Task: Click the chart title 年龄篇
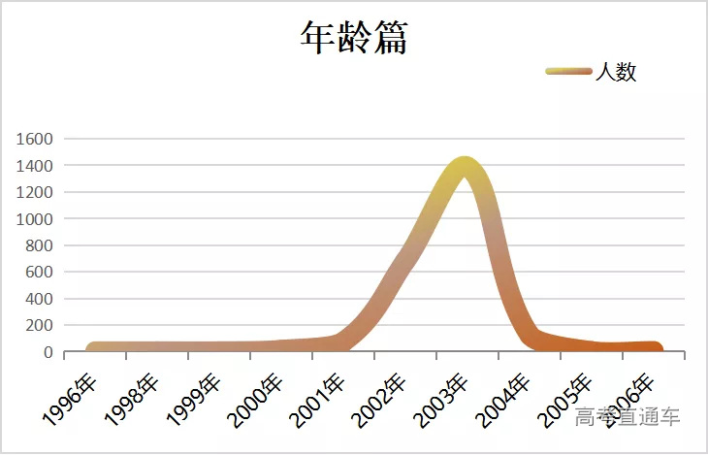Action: coord(353,38)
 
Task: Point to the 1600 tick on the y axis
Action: coord(34,139)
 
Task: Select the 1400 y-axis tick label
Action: coord(34,166)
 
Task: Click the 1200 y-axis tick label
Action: coord(34,192)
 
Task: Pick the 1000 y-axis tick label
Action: coord(34,219)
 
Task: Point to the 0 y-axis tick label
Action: coord(47,352)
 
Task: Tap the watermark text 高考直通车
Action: coord(628,418)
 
